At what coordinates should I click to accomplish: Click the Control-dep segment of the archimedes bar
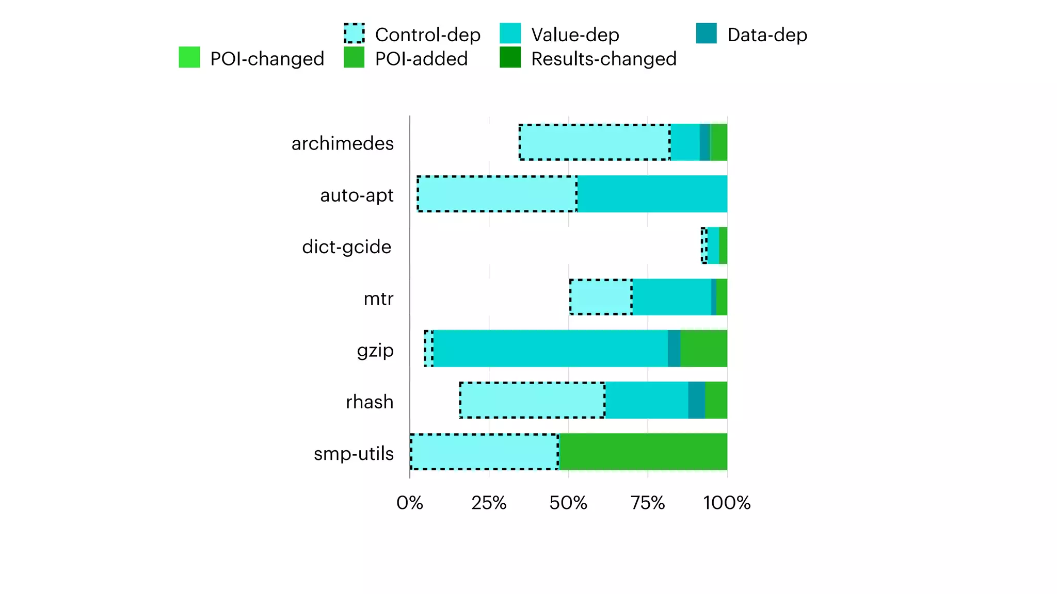click(595, 142)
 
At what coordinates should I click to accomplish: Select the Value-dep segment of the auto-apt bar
click(652, 194)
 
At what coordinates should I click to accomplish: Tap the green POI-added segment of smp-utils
click(643, 452)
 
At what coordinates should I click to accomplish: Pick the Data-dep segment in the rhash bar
click(696, 400)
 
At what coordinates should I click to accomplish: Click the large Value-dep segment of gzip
click(550, 349)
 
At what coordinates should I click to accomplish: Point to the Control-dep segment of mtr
click(601, 297)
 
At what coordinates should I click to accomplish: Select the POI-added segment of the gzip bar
click(703, 349)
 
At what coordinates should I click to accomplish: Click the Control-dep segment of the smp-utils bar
click(484, 452)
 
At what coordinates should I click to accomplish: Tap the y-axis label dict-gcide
click(346, 247)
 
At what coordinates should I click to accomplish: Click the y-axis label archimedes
click(342, 143)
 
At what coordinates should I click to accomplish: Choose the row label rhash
click(370, 402)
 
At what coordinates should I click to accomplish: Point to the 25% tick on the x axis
click(489, 503)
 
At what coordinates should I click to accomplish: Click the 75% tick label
click(648, 503)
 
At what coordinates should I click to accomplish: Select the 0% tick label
click(409, 503)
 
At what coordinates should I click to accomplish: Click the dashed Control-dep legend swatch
click(354, 34)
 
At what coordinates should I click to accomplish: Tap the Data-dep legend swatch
click(706, 34)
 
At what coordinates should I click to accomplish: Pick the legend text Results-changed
click(603, 59)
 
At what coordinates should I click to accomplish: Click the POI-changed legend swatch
click(189, 57)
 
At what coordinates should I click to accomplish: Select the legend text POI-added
click(421, 59)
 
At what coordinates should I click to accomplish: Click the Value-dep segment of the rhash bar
click(646, 400)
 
